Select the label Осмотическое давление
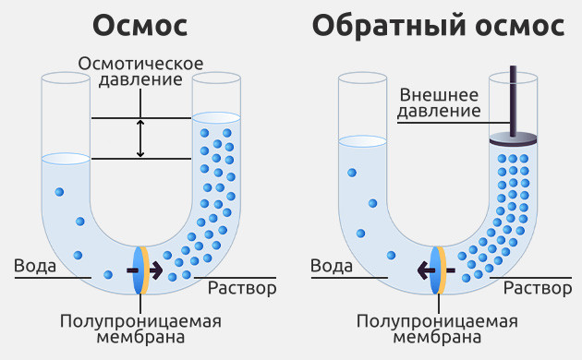[140, 72]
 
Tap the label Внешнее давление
[440, 102]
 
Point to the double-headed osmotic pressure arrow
[140, 138]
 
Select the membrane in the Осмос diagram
[140, 270]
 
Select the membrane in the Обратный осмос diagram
[438, 270]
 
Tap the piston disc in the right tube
[514, 139]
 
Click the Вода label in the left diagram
[35, 267]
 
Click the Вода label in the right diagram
[331, 267]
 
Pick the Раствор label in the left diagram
[242, 288]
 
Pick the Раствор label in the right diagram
[538, 288]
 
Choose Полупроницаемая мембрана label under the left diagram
[141, 329]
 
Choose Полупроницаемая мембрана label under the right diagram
[437, 329]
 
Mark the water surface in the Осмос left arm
[66, 159]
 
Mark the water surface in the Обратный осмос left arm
[362, 140]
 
